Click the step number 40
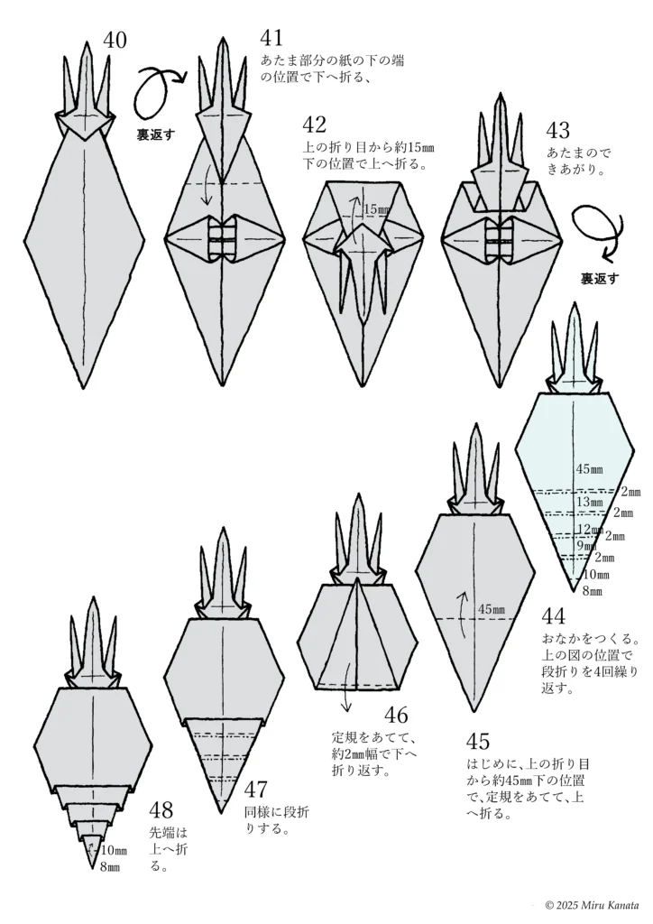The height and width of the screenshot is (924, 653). (115, 40)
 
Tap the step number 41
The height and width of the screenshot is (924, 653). (271, 37)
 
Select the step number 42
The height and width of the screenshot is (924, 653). (315, 124)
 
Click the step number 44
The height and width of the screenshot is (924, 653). (553, 617)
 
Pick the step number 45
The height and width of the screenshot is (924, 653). (479, 741)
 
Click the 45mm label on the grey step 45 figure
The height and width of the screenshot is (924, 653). (492, 610)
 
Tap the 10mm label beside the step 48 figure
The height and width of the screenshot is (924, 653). (114, 850)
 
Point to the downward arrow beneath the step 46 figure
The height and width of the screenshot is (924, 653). (345, 706)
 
